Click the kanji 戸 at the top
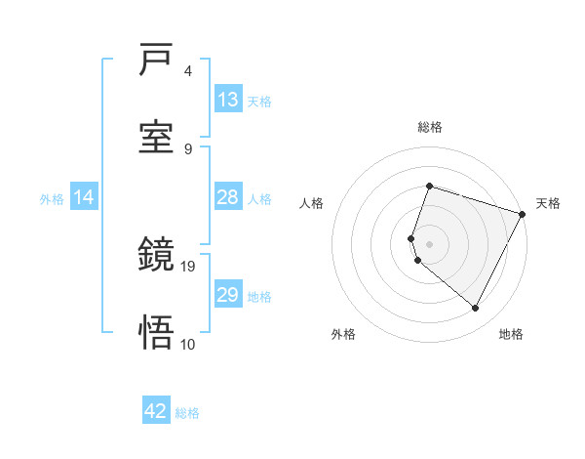[x=156, y=62]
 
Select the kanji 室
[x=156, y=137]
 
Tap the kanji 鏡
[x=156, y=257]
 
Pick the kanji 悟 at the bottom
[x=156, y=333]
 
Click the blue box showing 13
[x=228, y=100]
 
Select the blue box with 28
[x=228, y=197]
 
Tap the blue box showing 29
[x=228, y=295]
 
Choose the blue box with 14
[x=84, y=197]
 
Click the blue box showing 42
[x=156, y=411]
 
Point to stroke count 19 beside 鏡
[x=189, y=266]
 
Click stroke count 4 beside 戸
[x=188, y=71]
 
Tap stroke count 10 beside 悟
[x=189, y=343]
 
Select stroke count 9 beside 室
[x=188, y=148]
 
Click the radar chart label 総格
[x=430, y=127]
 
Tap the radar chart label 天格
[x=548, y=203]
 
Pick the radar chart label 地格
[x=511, y=335]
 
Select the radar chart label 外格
[x=343, y=335]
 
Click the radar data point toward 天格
[x=524, y=214]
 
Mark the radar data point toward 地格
[x=476, y=309]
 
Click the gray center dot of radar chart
[x=430, y=244]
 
